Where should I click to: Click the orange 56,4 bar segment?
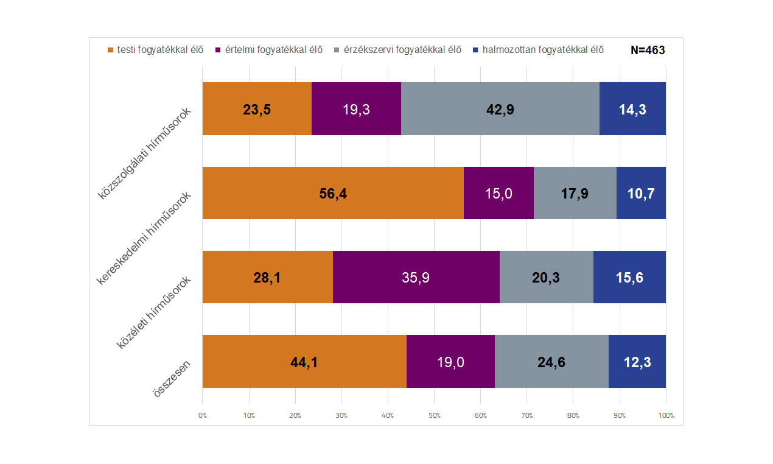point(333,193)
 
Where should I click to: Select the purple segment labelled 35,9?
point(416,277)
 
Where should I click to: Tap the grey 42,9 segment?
point(500,109)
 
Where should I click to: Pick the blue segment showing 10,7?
point(641,193)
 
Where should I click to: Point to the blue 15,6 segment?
point(629,277)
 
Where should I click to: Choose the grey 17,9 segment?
point(575,193)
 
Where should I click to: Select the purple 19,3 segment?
point(356,109)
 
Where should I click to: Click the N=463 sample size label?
point(648,50)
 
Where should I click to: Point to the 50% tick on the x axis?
point(434,415)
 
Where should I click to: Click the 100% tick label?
point(666,415)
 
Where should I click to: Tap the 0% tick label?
point(203,415)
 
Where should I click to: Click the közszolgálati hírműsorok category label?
point(146,153)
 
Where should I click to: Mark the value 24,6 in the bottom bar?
point(551,362)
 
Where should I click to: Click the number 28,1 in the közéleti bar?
point(267,278)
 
